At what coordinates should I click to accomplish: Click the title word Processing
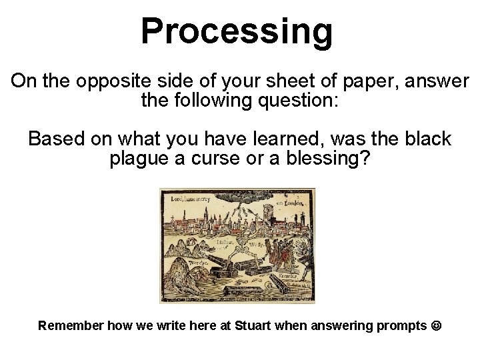pos(237,32)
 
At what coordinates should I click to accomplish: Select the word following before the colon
pos(219,102)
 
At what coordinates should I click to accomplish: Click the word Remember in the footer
pos(70,326)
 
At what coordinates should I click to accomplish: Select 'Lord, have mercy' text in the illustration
pos(191,198)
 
